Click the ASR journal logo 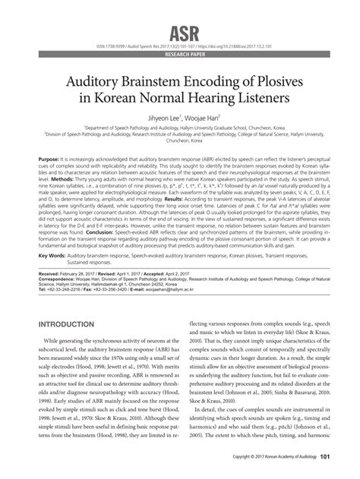pos(180,13)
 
